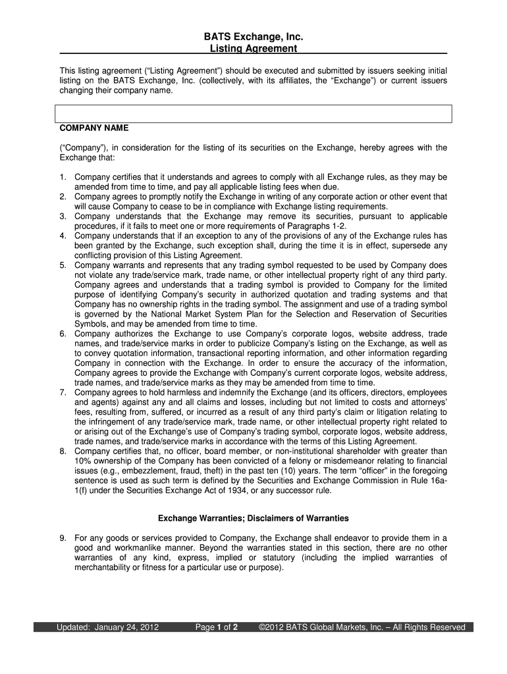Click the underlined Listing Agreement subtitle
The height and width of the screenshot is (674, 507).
254,49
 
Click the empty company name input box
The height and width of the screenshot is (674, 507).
254,114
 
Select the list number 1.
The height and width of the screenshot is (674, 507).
62,178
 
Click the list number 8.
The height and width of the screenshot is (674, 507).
62,452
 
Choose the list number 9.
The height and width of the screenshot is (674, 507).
62,538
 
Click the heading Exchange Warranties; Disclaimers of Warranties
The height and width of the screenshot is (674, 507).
254,519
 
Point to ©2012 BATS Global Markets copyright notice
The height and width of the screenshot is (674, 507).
363,627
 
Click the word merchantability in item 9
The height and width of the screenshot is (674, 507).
102,568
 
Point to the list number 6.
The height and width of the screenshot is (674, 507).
62,334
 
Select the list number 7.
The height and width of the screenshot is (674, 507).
62,392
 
